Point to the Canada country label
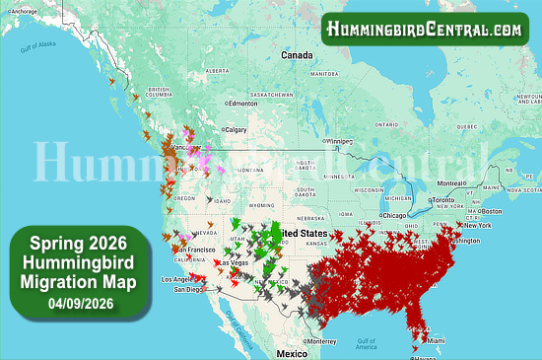297,55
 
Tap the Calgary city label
237,129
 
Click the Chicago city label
396,215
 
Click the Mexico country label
292,352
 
